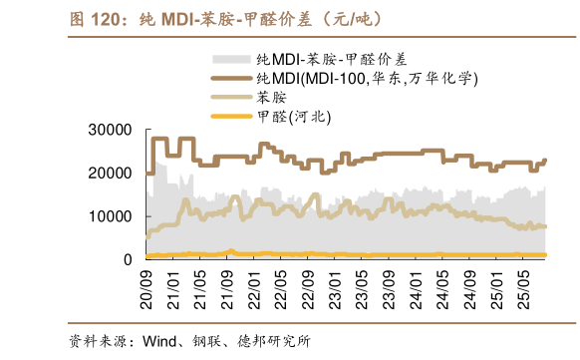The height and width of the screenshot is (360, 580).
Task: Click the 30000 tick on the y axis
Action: [x=111, y=130]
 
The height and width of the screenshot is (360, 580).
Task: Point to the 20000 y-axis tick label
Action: [x=111, y=173]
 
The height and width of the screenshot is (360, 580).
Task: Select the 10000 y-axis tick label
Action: [x=111, y=216]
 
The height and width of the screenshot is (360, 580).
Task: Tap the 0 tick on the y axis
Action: [x=128, y=259]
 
